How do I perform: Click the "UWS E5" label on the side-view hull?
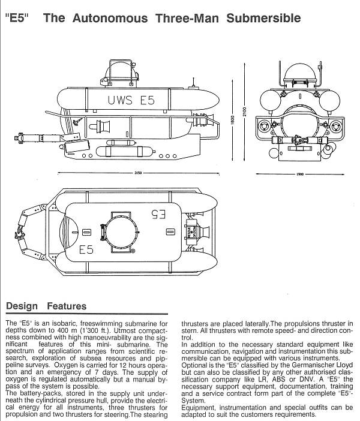131,100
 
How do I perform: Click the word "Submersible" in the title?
263,18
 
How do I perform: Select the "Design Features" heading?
46,306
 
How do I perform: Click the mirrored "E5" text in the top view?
158,212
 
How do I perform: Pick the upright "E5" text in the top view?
86,249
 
